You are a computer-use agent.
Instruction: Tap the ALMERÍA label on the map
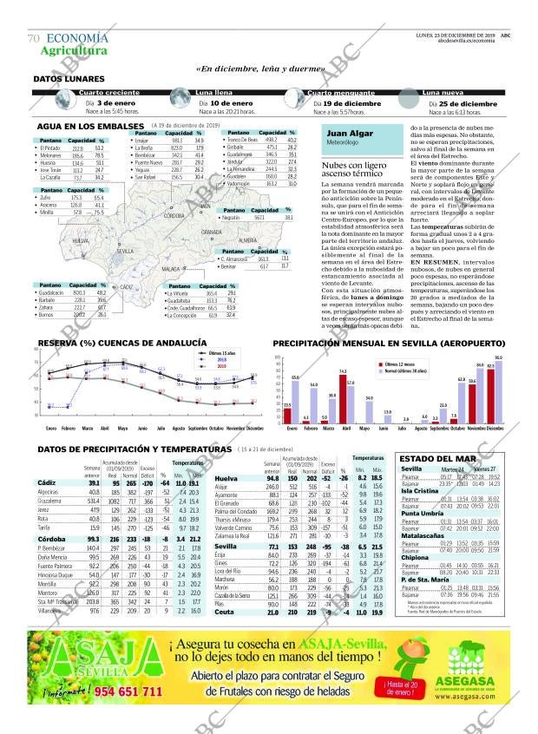pos(246,239)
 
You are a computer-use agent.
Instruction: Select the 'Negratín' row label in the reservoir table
pos(232,219)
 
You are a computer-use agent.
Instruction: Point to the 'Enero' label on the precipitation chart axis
pos(290,429)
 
